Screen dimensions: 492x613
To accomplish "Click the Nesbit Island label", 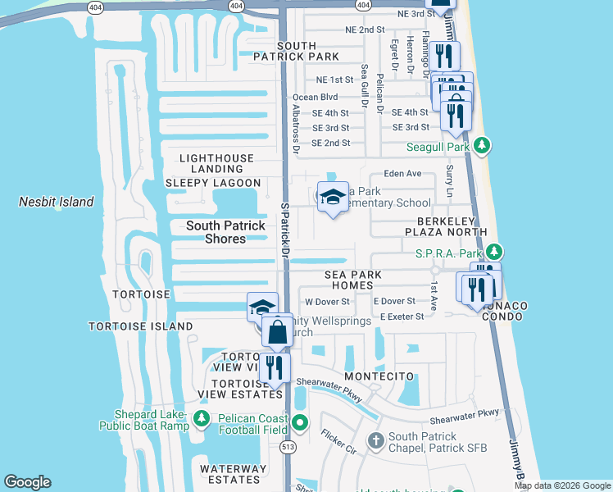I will (57, 202).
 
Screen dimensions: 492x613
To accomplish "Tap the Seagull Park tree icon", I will (483, 146).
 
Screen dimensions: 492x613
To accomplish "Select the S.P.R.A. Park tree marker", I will (493, 252).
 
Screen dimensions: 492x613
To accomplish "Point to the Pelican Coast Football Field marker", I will (300, 424).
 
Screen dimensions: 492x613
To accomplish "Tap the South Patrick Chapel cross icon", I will (375, 441).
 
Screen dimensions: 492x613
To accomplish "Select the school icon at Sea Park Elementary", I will (333, 198).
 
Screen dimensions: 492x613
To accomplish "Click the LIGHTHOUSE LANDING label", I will (216, 163).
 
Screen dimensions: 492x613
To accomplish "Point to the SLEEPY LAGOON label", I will (213, 183).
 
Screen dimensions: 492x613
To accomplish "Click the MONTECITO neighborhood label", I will (375, 376).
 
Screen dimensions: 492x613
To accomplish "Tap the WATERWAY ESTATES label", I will (234, 475).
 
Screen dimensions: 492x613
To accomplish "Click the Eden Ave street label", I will (402, 174).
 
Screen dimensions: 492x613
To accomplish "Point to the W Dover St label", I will (327, 302).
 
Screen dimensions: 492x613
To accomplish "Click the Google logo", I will (27, 481).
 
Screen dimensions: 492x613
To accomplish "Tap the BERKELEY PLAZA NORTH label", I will (456, 227).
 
